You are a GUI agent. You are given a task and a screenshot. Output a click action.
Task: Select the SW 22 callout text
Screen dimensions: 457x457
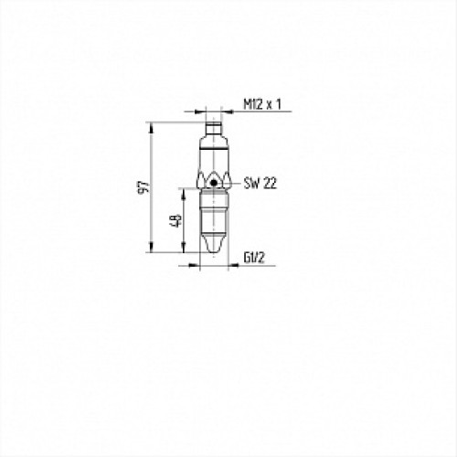[261, 184]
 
